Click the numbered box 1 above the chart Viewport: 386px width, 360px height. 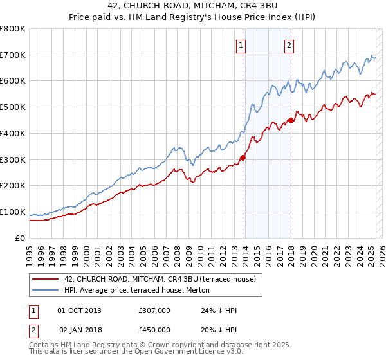click(x=241, y=45)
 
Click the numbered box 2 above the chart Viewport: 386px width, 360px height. click(x=289, y=45)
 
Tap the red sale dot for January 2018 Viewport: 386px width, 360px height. click(x=291, y=120)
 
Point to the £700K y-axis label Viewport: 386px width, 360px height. click(x=13, y=55)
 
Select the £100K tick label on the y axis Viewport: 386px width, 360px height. click(x=13, y=212)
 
